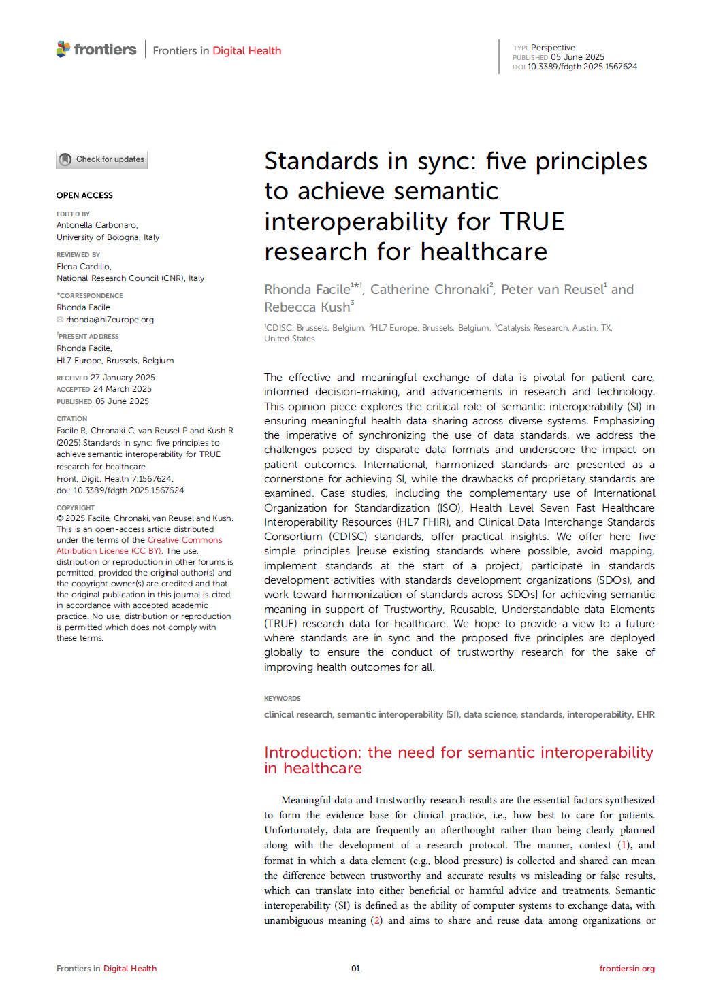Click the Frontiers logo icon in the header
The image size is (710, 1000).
pos(63,49)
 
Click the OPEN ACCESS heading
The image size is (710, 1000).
pos(84,195)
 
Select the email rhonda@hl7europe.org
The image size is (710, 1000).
pos(110,320)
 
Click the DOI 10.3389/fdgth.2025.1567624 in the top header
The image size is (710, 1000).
pos(582,67)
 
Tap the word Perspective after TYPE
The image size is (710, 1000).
pos(553,48)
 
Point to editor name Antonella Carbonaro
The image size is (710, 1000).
pos(97,225)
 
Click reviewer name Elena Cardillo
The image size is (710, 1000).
pos(83,267)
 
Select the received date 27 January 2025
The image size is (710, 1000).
pos(123,378)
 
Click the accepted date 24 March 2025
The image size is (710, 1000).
pos(123,389)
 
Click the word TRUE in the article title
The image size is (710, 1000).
pos(532,222)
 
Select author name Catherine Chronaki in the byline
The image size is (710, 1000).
pos(429,290)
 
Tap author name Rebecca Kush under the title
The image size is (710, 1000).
pos(307,307)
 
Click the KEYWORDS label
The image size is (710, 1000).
pos(282,699)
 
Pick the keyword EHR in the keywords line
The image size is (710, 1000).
pos(645,714)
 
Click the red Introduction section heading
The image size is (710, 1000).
pos(458,760)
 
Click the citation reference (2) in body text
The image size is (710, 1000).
pos(376,920)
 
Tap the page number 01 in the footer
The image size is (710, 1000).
pos(355,969)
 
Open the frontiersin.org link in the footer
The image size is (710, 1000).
pos(627,969)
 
